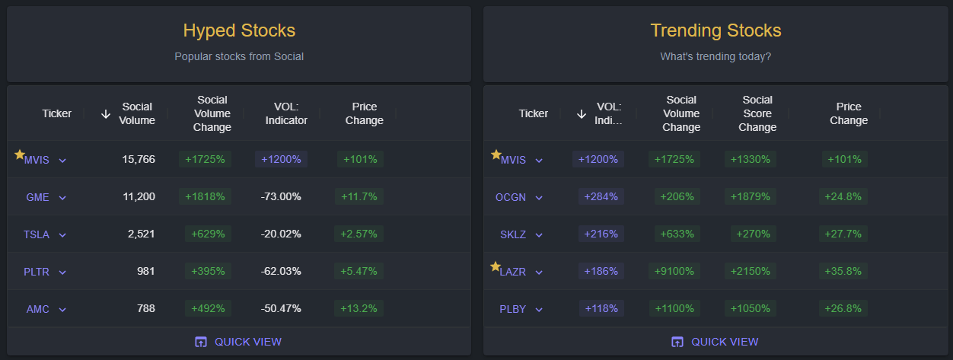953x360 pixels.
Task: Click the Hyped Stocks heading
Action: pos(239,30)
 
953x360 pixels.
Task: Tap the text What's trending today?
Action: pos(716,56)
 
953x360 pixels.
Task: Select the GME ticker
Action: pos(37,197)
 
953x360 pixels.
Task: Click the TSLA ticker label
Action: pos(37,234)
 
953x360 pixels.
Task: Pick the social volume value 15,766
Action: pos(139,159)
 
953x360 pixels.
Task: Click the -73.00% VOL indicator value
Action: pos(281,196)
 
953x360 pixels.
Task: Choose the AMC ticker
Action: pos(37,309)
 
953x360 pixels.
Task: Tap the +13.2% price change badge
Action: pos(359,308)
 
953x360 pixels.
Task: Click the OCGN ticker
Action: pos(511,197)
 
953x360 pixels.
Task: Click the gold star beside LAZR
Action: pos(496,266)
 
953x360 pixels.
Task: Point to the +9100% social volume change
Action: pos(674,271)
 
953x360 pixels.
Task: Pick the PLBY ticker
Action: pos(512,309)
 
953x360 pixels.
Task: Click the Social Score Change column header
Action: pos(757,113)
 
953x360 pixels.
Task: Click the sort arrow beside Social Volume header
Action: pos(106,113)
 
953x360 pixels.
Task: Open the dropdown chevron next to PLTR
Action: pos(62,272)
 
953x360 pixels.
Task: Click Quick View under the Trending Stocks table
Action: pos(715,342)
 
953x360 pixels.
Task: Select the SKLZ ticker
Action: pos(512,234)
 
